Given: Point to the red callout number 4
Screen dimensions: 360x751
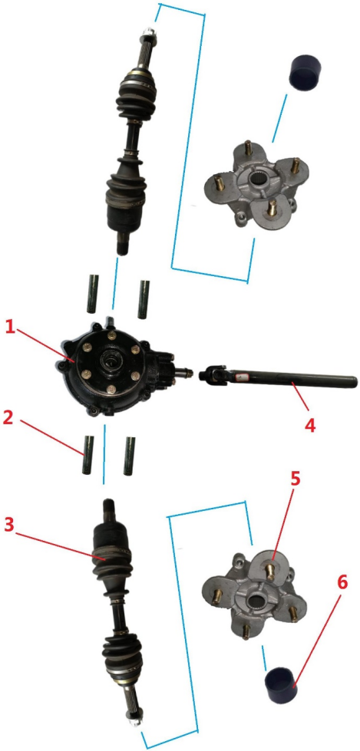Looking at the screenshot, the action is click(311, 424).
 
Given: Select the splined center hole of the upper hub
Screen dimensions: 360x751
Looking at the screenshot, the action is click(259, 180).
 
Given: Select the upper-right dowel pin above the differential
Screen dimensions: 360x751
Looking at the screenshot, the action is click(144, 299).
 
